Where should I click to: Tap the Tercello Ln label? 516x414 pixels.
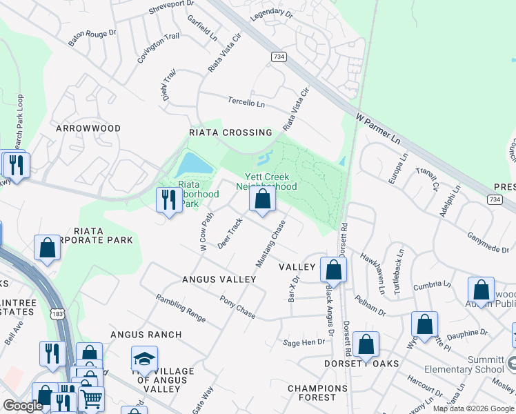tap(247, 102)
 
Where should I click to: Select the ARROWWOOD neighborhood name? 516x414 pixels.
tap(88, 128)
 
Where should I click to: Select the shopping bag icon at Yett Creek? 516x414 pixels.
tap(262, 199)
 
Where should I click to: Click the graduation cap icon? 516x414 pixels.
tap(144, 358)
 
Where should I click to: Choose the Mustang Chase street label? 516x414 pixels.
tap(270, 244)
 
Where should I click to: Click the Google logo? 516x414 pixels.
tap(23, 406)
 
